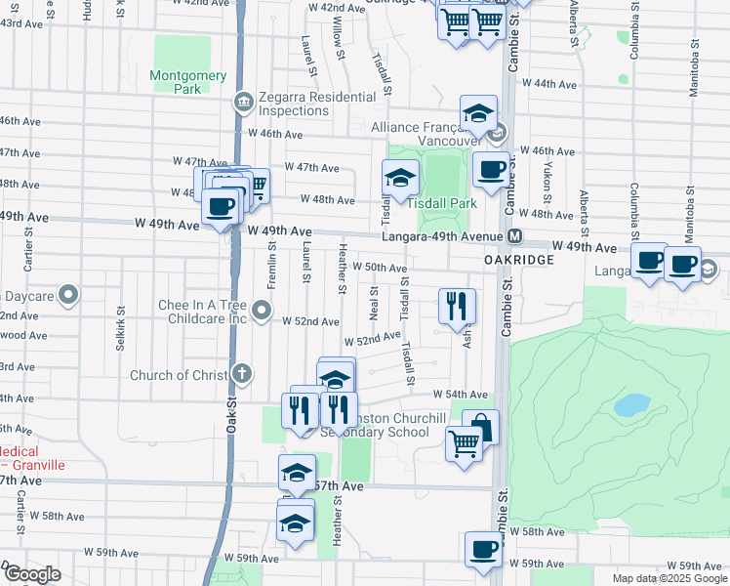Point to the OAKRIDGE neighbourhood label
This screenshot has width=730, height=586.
519,261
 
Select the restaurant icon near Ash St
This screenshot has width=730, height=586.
457,307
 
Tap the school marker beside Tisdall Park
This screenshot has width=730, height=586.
400,179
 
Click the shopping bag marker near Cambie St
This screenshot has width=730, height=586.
480,427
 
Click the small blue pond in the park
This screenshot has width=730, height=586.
632,403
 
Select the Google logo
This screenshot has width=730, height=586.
32,574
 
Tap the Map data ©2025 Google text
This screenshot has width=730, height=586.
669,578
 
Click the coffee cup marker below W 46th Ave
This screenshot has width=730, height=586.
490,169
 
